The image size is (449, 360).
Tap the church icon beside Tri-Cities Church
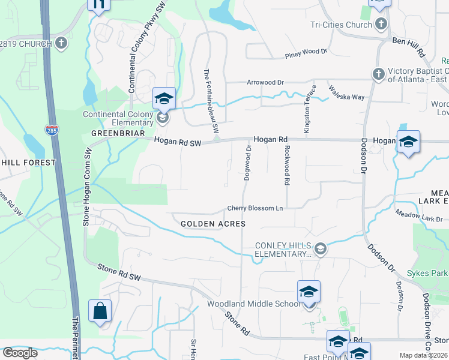tap(380, 24)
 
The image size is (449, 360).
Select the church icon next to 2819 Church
tap(61, 43)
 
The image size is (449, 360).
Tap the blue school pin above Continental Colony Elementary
tap(163, 98)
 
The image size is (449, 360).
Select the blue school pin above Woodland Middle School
tap(309, 292)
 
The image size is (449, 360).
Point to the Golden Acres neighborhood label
tap(213, 224)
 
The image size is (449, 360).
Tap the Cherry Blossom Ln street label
tap(255, 209)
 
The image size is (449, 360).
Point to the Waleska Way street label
tap(346, 92)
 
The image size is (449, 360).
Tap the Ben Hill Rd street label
tap(408, 46)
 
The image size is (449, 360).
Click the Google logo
tap(19, 353)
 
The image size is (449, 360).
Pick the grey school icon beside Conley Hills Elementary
tap(321, 249)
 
